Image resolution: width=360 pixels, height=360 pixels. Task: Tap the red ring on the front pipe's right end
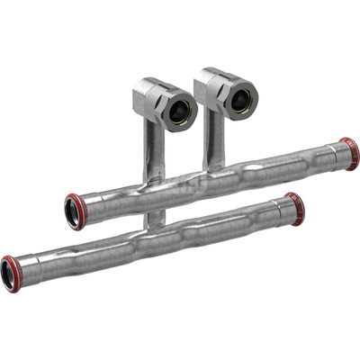(296, 209)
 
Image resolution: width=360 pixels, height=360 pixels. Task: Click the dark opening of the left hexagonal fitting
(181, 112)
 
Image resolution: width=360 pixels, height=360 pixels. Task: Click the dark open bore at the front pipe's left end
(7, 275)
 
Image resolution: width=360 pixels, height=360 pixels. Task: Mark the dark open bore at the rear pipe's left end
(70, 212)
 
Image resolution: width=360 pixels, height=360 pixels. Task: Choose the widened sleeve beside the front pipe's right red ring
(283, 212)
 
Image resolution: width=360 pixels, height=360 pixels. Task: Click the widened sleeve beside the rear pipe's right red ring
(335, 157)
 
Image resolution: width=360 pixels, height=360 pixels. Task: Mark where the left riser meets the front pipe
(155, 219)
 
